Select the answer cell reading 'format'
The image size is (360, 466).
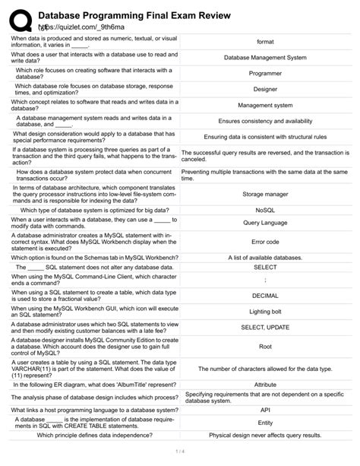[x=265, y=41]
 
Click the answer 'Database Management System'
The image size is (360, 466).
[x=265, y=57]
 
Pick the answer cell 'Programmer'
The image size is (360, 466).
[x=265, y=74]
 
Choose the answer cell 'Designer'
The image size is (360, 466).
[x=265, y=89]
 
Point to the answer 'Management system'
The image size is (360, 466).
[x=265, y=106]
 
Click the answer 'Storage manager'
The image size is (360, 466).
[x=265, y=194]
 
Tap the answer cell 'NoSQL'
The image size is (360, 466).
[x=265, y=209]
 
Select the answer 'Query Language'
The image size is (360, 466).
[x=265, y=223]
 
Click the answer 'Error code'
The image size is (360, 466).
[x=265, y=242]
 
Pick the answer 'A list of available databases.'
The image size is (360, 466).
[x=265, y=258]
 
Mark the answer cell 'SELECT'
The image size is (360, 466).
[x=265, y=268]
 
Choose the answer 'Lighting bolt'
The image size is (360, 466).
[x=265, y=311]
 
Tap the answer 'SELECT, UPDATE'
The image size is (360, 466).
[x=265, y=327]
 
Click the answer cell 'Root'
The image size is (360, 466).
[x=265, y=346]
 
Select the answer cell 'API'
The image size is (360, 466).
[x=265, y=408]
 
